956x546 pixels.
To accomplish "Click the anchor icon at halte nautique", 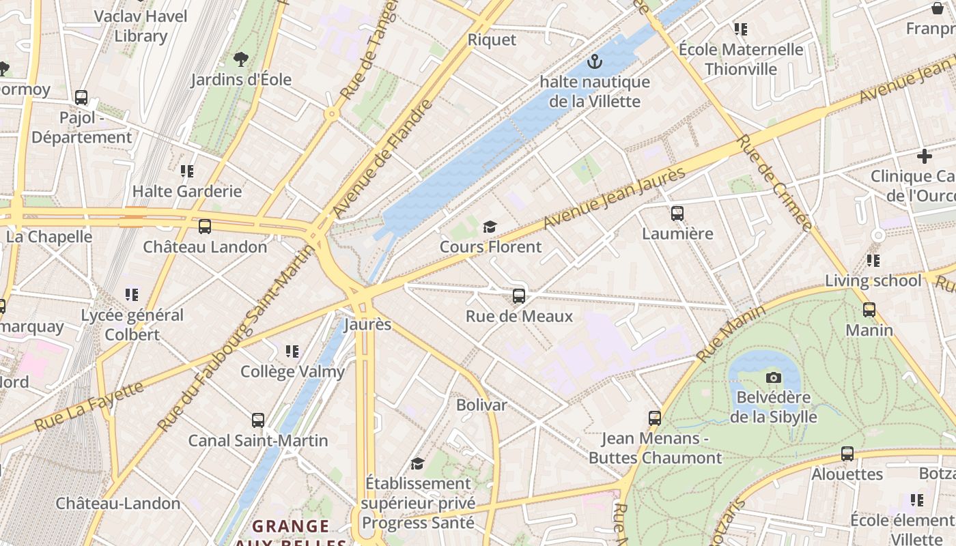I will tap(595, 62).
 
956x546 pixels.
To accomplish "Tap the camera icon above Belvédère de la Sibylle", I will tap(773, 377).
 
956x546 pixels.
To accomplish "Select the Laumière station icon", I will tap(677, 214).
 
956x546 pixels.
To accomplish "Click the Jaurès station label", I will tap(367, 324).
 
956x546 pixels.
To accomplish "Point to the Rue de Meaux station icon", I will tap(519, 296).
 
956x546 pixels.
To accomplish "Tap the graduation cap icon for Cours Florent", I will tap(490, 227).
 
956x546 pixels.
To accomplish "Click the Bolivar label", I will tap(481, 405).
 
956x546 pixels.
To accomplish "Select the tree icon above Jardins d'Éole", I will tap(240, 59).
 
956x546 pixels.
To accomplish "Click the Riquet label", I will tap(492, 40).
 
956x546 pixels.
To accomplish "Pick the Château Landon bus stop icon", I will tap(204, 227).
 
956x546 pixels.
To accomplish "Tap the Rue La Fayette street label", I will tap(89, 406).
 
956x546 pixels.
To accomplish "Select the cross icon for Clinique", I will tap(924, 156).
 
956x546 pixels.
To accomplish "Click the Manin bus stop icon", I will tap(869, 310).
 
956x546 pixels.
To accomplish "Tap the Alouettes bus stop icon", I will tap(847, 454).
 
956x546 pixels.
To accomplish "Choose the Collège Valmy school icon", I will tap(292, 351).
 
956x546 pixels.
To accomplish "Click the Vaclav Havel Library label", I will tap(141, 26).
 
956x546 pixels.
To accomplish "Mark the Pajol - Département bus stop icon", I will tap(81, 98).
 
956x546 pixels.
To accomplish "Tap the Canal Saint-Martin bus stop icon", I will tap(257, 420).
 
